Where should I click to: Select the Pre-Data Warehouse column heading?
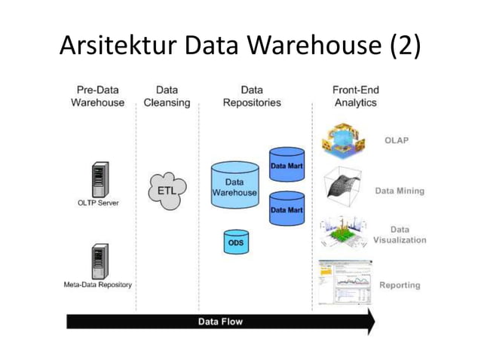click(x=98, y=96)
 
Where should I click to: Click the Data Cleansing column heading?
click(x=167, y=96)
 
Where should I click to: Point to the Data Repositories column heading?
click(x=252, y=96)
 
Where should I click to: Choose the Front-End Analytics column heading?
click(x=355, y=96)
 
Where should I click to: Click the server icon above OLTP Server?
click(x=99, y=178)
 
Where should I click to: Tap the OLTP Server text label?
click(x=98, y=203)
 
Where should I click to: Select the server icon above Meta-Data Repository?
click(x=99, y=261)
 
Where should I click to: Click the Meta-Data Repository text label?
click(x=98, y=285)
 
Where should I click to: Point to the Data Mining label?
click(x=400, y=191)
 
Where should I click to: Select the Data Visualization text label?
click(x=400, y=234)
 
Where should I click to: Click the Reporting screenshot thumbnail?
click(x=344, y=282)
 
